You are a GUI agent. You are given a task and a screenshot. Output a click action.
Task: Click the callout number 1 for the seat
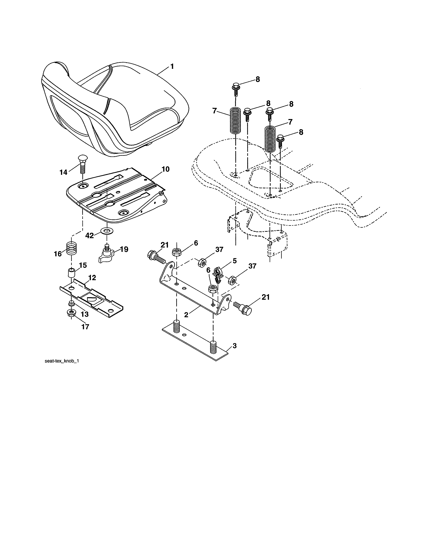[x=172, y=67]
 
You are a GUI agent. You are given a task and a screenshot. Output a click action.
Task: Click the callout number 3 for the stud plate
[x=234, y=346]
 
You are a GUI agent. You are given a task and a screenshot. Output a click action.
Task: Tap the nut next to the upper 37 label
[x=202, y=263]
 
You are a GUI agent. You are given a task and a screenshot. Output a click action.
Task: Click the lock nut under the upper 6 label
[x=176, y=252]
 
